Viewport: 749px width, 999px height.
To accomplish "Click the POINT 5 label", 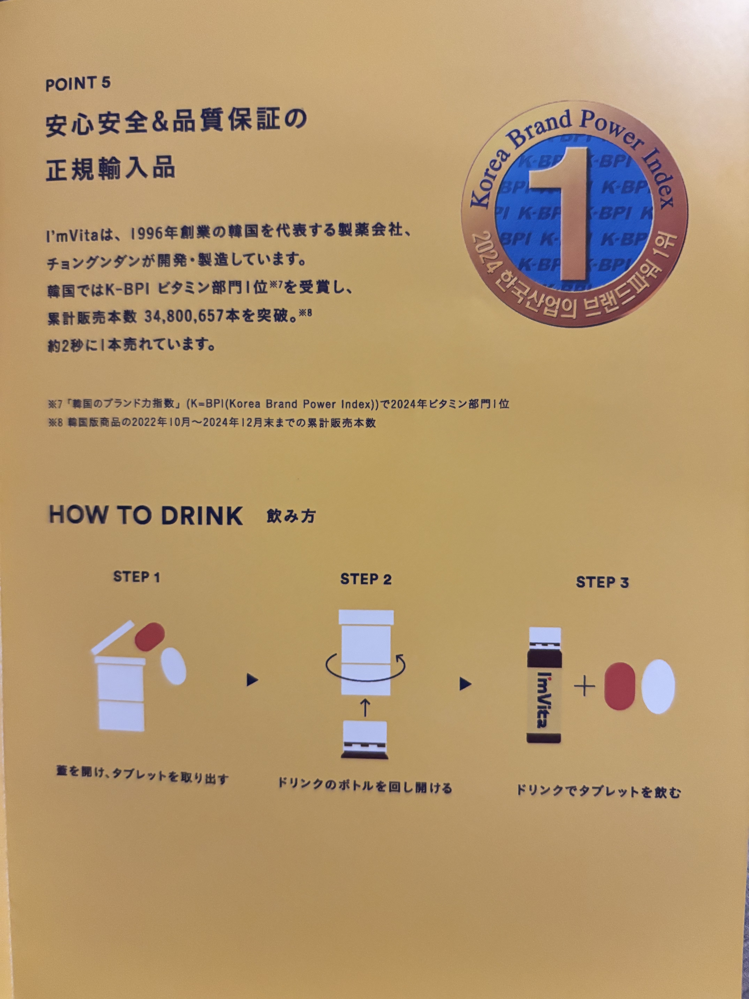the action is tap(78, 84).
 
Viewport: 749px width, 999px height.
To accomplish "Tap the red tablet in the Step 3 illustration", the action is tap(619, 686).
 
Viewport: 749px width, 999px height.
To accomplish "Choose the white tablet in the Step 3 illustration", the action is tap(658, 686).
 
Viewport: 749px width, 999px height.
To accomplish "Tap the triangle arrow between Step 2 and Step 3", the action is tap(465, 684).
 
